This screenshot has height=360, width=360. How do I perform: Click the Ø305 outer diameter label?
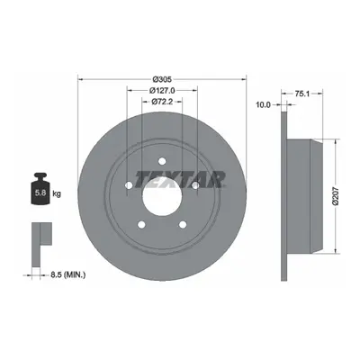[x=162, y=79]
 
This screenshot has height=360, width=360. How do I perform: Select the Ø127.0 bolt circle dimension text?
[x=162, y=90]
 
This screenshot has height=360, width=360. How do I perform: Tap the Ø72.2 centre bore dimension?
[x=162, y=102]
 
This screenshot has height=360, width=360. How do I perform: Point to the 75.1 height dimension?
[x=301, y=94]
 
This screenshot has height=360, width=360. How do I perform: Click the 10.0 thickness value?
[x=263, y=104]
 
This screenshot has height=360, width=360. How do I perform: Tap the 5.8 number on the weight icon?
[x=40, y=193]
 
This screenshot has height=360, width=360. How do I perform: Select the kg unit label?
[x=57, y=193]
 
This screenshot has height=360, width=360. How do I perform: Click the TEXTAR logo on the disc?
[x=180, y=180]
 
